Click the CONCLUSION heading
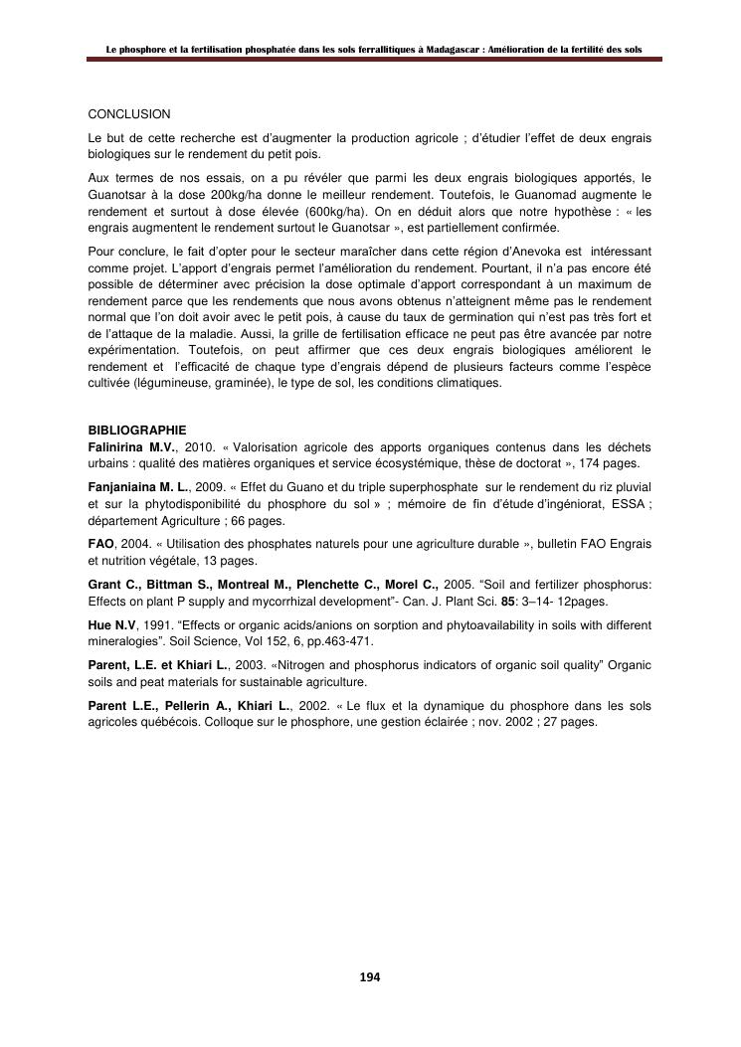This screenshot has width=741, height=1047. (129, 114)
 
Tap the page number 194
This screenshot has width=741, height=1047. (370, 977)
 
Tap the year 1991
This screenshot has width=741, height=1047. (159, 626)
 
